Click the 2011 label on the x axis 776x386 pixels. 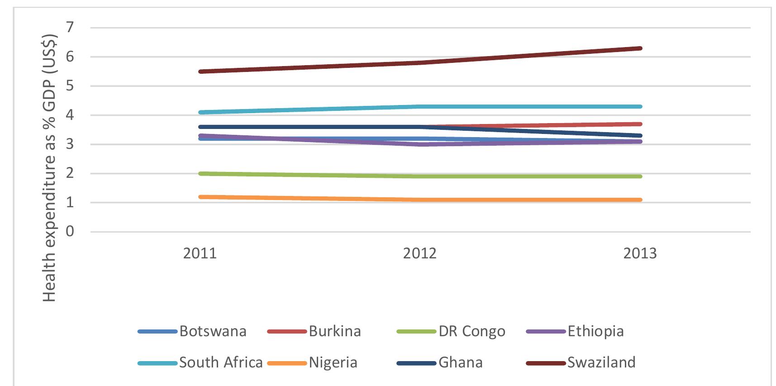point(200,253)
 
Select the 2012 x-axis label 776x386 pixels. point(420,253)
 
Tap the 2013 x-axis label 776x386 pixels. point(640,253)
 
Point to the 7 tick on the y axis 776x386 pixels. point(69,28)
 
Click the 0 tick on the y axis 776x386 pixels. point(69,232)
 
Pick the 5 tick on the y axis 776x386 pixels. point(69,86)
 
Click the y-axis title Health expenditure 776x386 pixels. point(50,167)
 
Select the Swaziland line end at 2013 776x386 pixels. point(640,48)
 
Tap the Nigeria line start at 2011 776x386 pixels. point(200,197)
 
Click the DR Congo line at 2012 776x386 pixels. point(420,176)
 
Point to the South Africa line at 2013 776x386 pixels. point(640,107)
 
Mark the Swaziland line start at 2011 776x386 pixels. point(200,71)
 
